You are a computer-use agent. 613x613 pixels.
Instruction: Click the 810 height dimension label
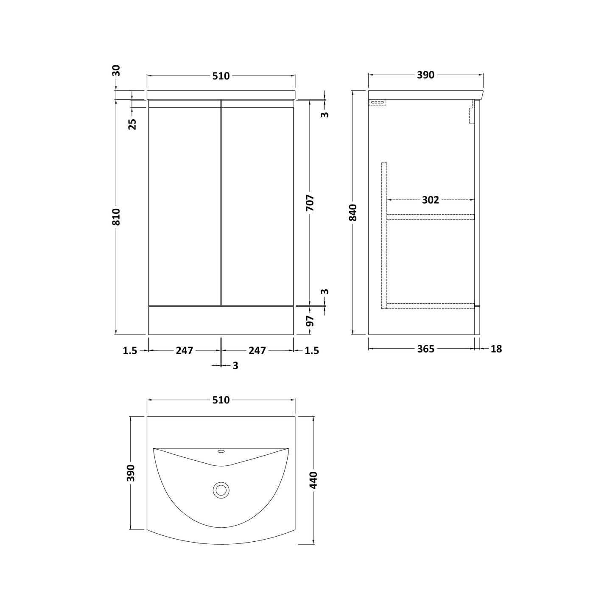(x=117, y=217)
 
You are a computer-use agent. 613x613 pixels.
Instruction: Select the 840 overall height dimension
(x=353, y=213)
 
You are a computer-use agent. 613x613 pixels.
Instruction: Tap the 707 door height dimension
(x=310, y=203)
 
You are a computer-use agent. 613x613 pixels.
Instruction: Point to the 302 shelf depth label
(x=431, y=200)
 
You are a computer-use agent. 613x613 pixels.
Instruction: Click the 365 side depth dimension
(x=425, y=349)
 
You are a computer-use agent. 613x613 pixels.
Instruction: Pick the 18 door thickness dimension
(x=496, y=349)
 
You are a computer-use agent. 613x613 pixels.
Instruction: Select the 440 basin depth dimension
(x=313, y=480)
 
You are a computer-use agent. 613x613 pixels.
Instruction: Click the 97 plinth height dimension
(x=310, y=321)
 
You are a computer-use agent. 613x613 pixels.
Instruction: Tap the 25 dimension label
(x=132, y=124)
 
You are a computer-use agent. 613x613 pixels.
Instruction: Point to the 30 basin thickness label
(x=116, y=70)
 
